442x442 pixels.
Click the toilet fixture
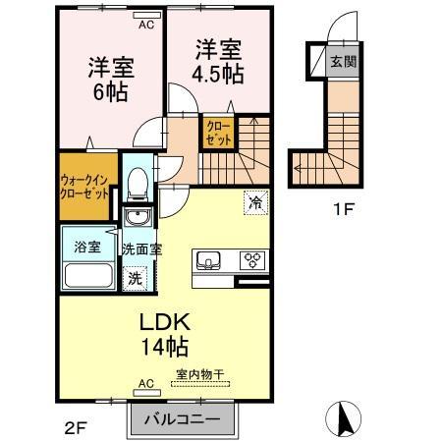click(x=138, y=185)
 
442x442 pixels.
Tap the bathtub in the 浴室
click(x=88, y=275)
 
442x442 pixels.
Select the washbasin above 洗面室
click(x=138, y=217)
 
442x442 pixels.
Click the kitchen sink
click(x=208, y=260)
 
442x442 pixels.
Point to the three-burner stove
click(x=252, y=260)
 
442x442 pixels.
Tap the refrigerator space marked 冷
click(x=255, y=202)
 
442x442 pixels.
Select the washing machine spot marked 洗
click(x=135, y=279)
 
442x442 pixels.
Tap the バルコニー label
click(x=183, y=419)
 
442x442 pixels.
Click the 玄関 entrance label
click(x=343, y=61)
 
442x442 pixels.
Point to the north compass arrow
click(x=344, y=417)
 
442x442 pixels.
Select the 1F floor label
click(x=344, y=209)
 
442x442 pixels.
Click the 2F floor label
click(x=76, y=428)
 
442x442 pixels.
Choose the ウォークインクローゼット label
click(x=84, y=188)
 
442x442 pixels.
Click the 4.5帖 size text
click(x=218, y=75)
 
